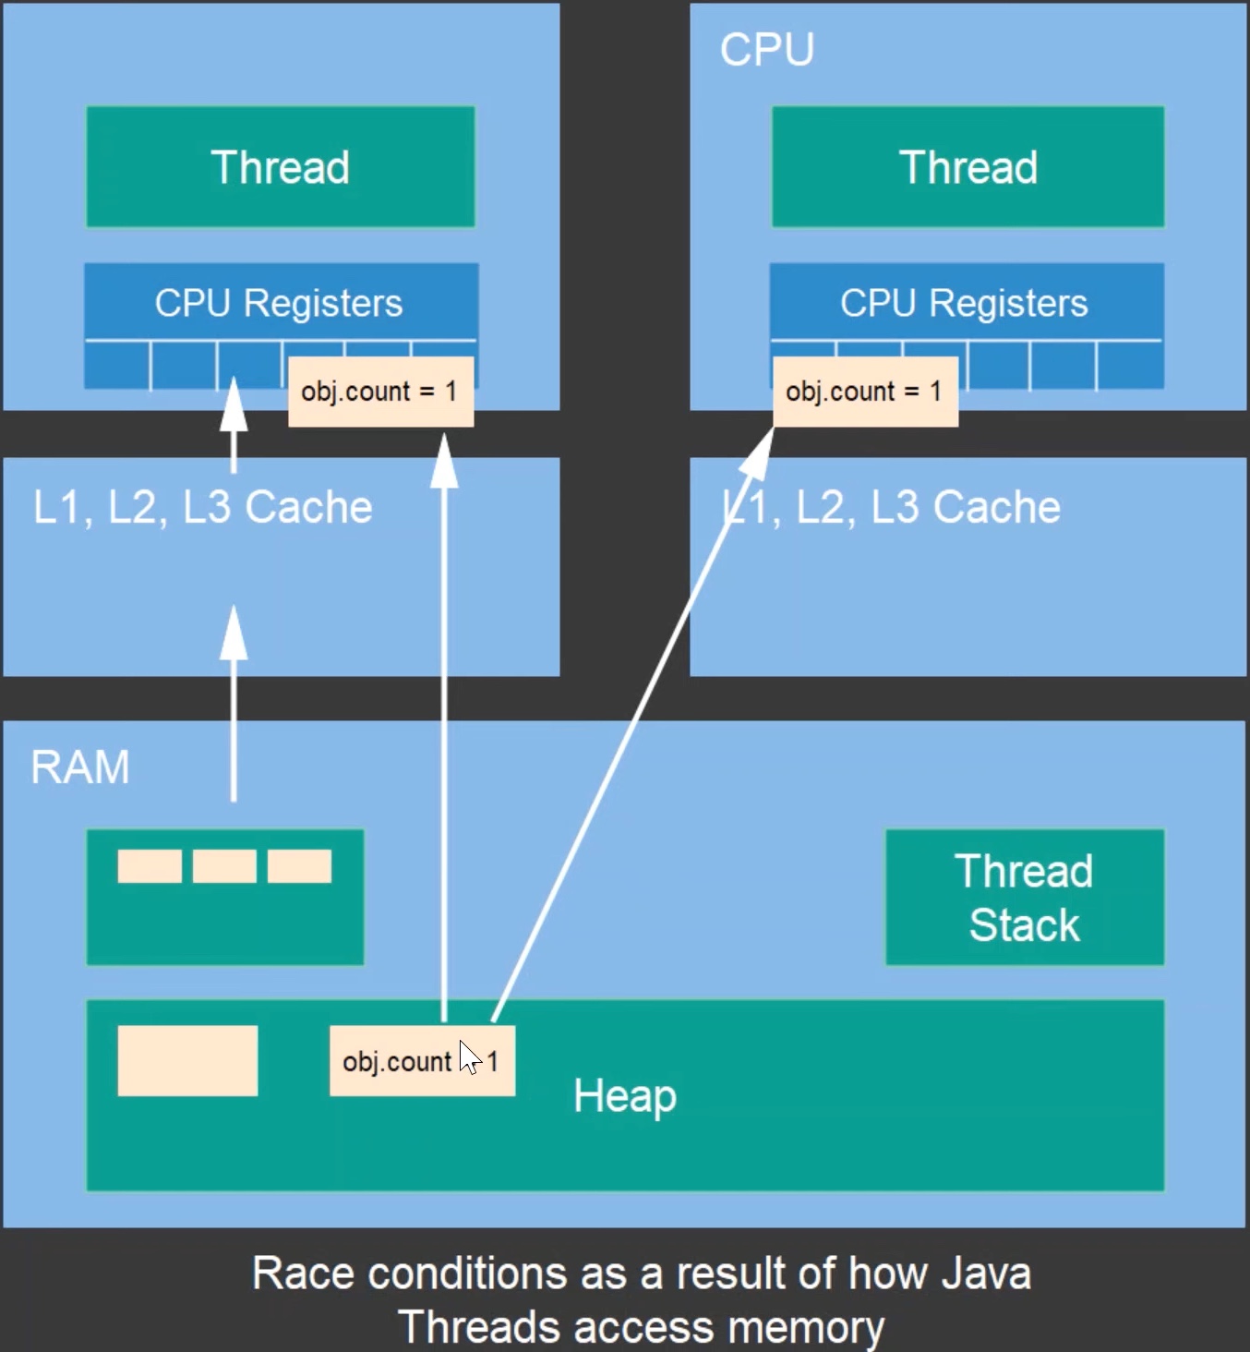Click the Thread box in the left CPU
pyautogui.click(x=281, y=167)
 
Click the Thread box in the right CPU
pyautogui.click(x=968, y=167)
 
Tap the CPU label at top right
pyautogui.click(x=767, y=50)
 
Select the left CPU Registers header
pyautogui.click(x=279, y=303)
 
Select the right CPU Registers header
pyautogui.click(x=965, y=303)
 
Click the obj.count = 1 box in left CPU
pyautogui.click(x=380, y=392)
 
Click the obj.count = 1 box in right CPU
pyautogui.click(x=865, y=392)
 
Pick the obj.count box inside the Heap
pyautogui.click(x=397, y=1062)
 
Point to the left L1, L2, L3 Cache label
pyautogui.click(x=203, y=507)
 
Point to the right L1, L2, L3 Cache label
pyautogui.click(x=892, y=507)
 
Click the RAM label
pyautogui.click(x=80, y=767)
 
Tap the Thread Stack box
pyautogui.click(x=1024, y=898)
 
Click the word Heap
pyautogui.click(x=625, y=1096)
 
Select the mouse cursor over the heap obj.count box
pyautogui.click(x=469, y=1056)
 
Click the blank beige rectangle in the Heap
pyautogui.click(x=187, y=1061)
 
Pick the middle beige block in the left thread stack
pyautogui.click(x=224, y=866)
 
